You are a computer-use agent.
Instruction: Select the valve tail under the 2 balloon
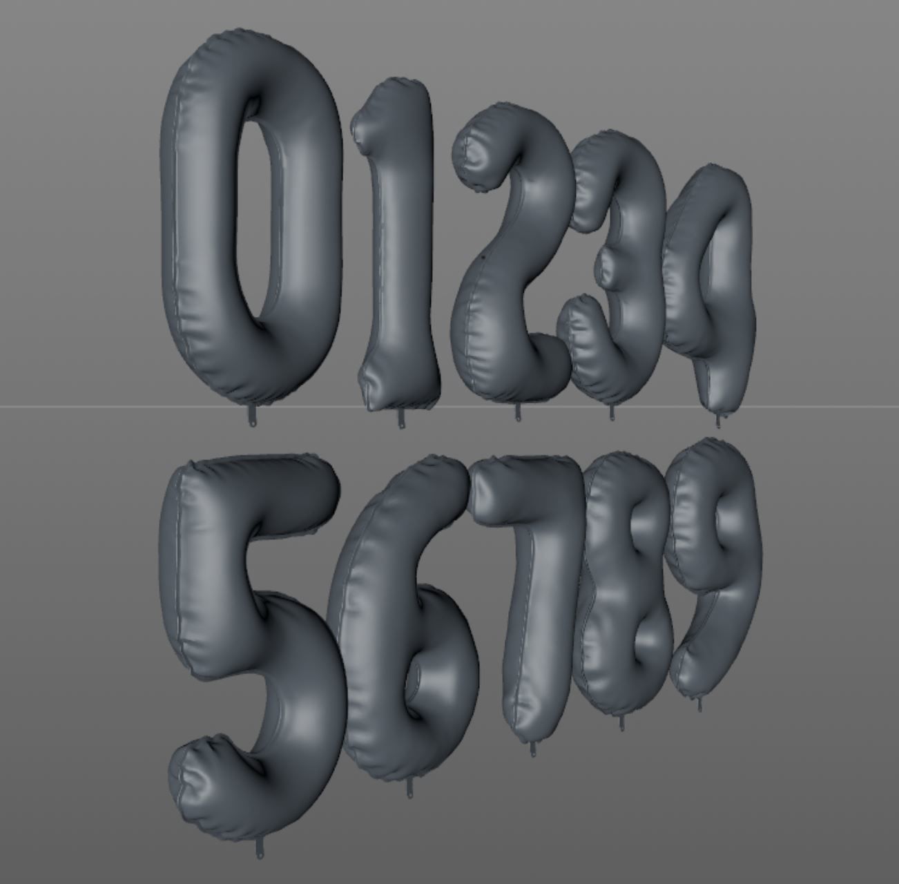(518, 414)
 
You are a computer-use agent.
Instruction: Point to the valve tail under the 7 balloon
(533, 749)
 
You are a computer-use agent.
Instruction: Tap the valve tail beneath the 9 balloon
(700, 704)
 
